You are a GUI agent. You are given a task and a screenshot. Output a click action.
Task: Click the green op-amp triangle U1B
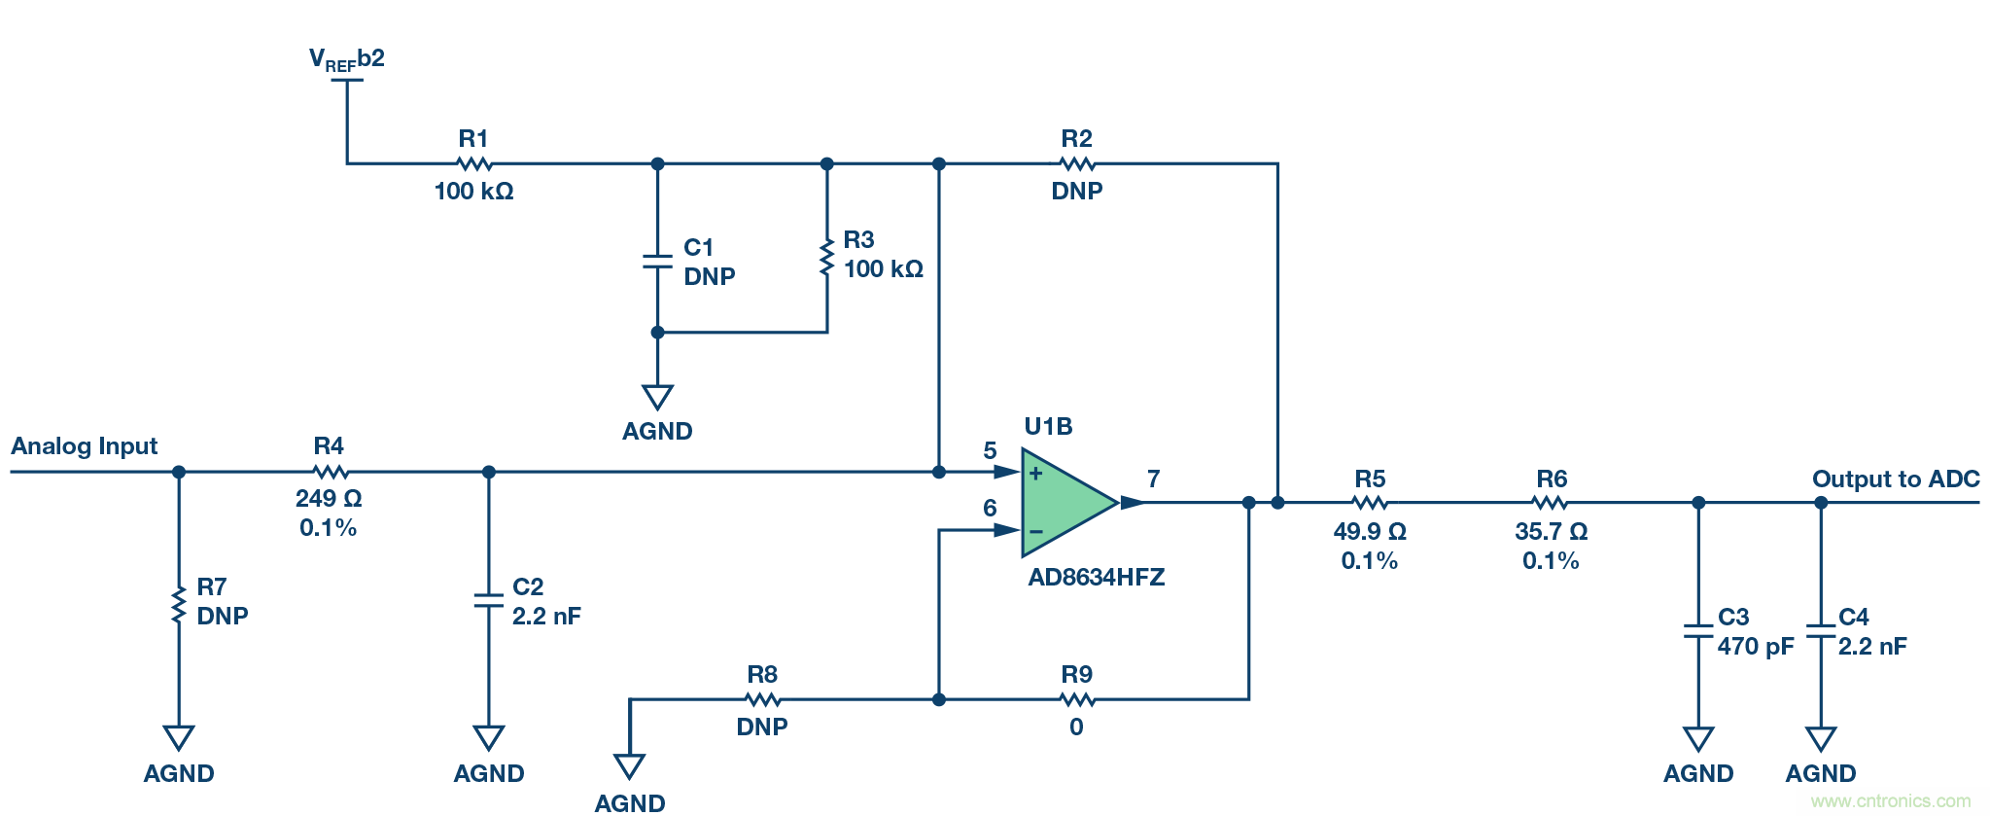pos(1065,502)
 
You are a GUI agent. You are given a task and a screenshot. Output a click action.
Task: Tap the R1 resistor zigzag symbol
pos(474,163)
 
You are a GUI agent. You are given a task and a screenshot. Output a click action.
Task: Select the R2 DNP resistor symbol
pos(1077,163)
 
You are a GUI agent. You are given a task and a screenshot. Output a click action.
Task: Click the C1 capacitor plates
pos(657,262)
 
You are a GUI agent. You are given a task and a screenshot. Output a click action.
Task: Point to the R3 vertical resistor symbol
pos(826,258)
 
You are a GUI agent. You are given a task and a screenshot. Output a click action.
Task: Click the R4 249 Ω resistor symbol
pos(331,472)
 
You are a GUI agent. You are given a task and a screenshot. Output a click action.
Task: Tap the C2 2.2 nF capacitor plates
pos(488,600)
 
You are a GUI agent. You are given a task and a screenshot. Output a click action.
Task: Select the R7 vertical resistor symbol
pos(179,604)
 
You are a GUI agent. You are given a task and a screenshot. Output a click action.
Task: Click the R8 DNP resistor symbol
pos(763,699)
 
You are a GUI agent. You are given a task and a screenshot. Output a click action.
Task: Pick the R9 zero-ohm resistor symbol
pos(1077,699)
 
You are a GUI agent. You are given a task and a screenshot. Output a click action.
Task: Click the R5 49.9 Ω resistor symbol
pos(1370,503)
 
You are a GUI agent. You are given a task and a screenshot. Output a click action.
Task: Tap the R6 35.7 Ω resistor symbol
pos(1551,503)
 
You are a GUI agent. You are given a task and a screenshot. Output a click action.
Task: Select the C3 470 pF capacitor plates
pos(1698,631)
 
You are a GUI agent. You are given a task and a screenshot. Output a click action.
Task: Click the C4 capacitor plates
pos(1821,631)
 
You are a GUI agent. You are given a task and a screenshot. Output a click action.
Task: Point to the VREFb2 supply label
pos(347,60)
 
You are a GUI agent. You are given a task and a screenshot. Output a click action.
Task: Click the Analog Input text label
pos(85,446)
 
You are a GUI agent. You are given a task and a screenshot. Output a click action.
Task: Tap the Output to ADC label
pos(1896,479)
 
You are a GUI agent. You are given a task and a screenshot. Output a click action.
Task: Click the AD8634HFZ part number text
pos(1097,577)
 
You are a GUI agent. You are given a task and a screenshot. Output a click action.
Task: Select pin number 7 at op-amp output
pos(1153,479)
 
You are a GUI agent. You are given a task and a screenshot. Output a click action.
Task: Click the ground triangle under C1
pos(657,397)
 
